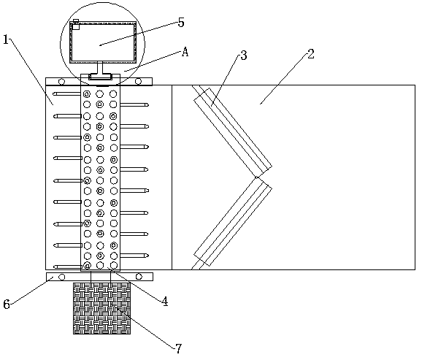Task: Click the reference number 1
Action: tap(6, 40)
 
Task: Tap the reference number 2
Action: tap(310, 54)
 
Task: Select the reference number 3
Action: tap(243, 55)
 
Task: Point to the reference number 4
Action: tap(165, 302)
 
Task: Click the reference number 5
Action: tap(181, 23)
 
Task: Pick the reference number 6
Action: tap(7, 305)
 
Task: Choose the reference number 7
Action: tap(178, 349)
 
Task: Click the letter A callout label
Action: tap(185, 52)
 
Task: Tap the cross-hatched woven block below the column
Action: tap(102, 308)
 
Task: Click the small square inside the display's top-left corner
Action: tap(76, 27)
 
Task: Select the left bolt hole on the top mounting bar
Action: tap(61, 81)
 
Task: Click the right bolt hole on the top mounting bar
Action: tap(138, 81)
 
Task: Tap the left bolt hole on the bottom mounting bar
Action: tap(62, 277)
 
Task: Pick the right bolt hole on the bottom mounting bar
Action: tap(139, 277)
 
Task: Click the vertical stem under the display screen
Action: tap(100, 68)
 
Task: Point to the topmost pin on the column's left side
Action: tap(66, 93)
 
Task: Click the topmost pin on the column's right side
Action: tap(134, 104)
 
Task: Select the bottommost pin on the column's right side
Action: tap(134, 256)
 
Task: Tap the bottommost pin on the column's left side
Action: tap(67, 267)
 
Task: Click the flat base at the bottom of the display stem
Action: tap(100, 77)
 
